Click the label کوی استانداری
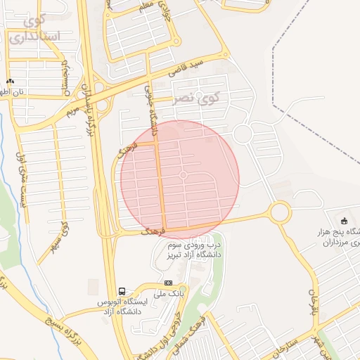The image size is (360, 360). click(x=35, y=28)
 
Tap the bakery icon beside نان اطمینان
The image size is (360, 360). click(x=10, y=82)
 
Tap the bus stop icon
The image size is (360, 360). click(x=122, y=291)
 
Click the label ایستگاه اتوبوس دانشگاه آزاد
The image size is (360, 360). click(x=122, y=307)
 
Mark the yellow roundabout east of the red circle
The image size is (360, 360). click(x=280, y=212)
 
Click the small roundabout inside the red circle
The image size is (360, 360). click(x=184, y=174)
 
